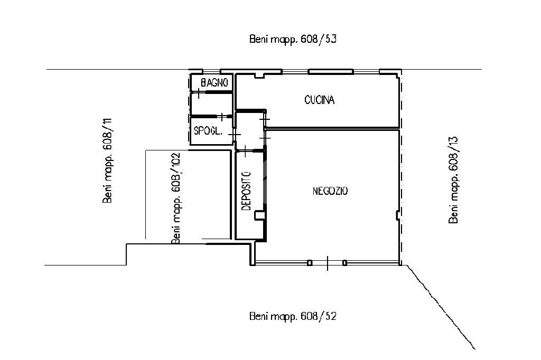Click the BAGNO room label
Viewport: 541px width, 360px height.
coord(214,83)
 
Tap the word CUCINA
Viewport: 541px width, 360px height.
coord(320,100)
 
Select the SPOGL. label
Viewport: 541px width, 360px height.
coord(208,131)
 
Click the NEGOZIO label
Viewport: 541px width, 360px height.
coord(330,191)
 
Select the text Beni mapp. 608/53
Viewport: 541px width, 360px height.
coord(293,39)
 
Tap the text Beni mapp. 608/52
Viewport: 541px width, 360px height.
coord(293,316)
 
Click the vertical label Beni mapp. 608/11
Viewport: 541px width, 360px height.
coord(107,160)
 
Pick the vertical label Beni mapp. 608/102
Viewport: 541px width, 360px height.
coord(176,198)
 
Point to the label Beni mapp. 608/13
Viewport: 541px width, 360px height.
coord(453,180)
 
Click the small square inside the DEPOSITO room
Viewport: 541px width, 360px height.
coord(259,215)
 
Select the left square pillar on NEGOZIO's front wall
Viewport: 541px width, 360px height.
coord(310,263)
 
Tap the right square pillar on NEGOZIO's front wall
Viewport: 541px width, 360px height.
coord(344,263)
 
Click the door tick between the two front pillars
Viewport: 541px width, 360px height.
coord(328,263)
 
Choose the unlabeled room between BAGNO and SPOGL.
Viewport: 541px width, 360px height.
coord(211,104)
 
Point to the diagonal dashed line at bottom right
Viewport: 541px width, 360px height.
coord(441,307)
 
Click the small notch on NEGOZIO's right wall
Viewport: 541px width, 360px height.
coord(397,215)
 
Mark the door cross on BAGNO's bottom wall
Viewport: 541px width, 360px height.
coord(199,92)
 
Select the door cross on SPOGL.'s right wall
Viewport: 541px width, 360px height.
coord(234,134)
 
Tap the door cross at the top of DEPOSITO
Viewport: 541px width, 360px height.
coord(245,150)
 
